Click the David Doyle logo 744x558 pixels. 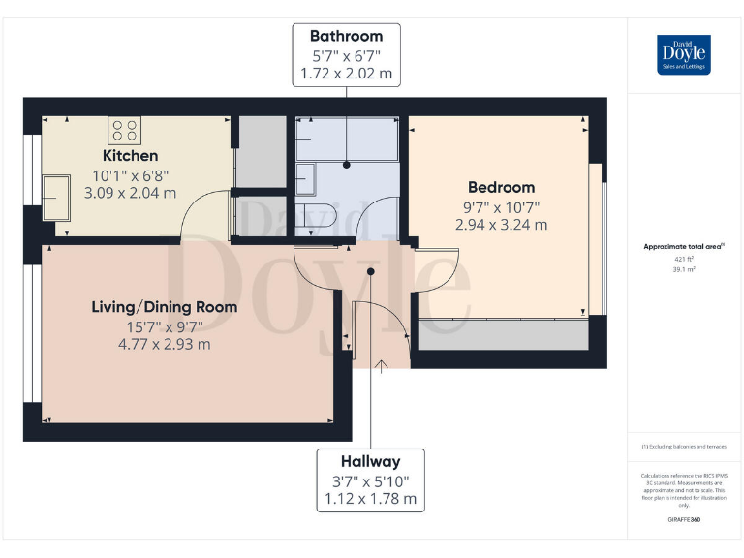coord(684,54)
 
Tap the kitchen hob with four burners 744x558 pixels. coord(124,131)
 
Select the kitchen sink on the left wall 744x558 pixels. coord(53,198)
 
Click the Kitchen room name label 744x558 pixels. coord(130,156)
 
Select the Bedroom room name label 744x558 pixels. coord(501,187)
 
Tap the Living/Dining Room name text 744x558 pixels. coord(164,307)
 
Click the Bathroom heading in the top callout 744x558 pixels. coord(346,37)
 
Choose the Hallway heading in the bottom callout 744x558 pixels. coord(370,462)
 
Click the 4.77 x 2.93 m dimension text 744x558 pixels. coord(164,344)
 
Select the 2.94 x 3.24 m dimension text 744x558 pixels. coord(501,224)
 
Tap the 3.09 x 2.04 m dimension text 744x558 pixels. coord(130,193)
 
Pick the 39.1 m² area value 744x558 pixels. coord(684,270)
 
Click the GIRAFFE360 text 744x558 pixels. coord(684,520)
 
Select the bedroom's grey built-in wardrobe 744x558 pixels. coord(504,334)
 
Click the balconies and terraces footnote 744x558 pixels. coord(684,447)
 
